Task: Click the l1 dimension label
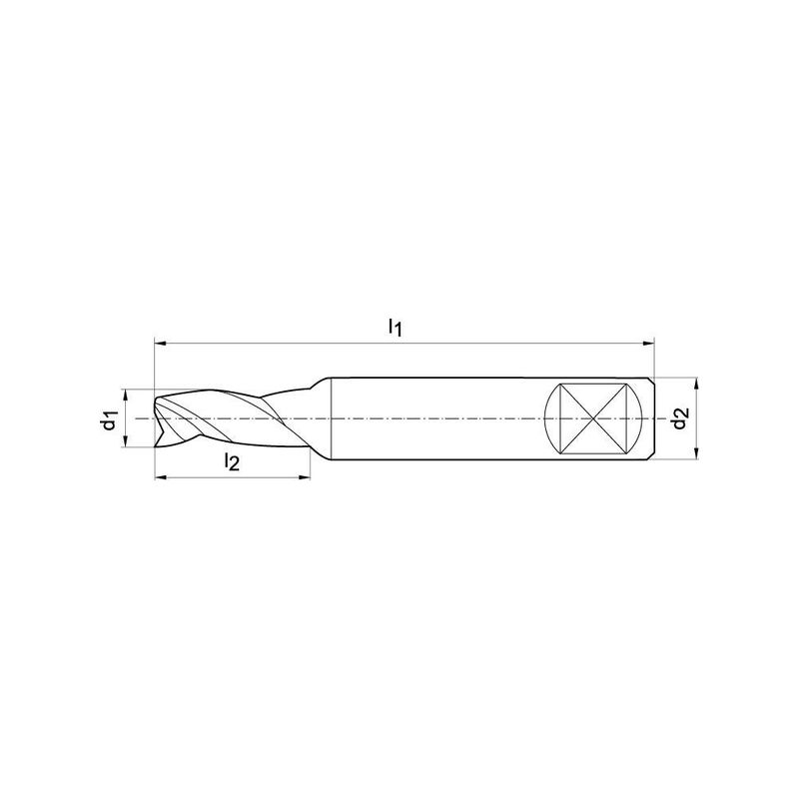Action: [x=396, y=328]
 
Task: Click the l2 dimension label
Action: [x=232, y=462]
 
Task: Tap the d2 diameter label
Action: [x=681, y=418]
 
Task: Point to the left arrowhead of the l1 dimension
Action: [x=160, y=344]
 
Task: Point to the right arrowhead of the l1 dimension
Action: [x=648, y=344]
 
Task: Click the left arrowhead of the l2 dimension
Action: [x=160, y=477]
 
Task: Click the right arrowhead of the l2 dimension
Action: [x=305, y=477]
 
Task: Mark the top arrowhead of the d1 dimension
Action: [x=124, y=396]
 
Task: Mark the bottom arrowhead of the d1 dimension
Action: [x=124, y=441]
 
